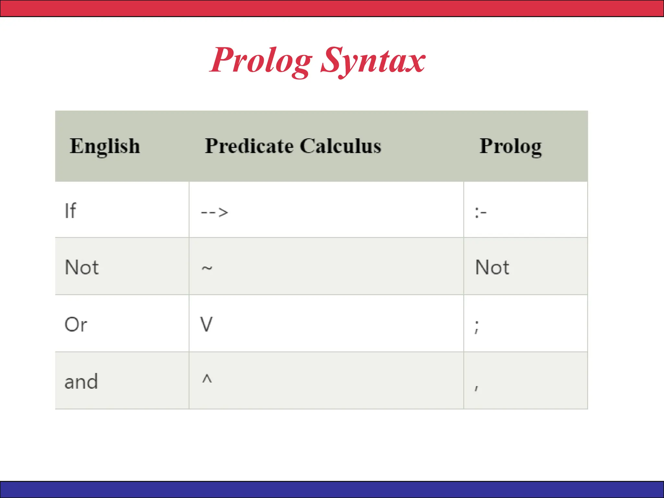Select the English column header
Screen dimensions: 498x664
105,146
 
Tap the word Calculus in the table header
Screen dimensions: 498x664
340,146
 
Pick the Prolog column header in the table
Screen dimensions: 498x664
510,146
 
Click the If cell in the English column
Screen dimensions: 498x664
70,211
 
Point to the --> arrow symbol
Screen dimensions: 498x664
214,213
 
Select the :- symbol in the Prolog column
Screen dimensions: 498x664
480,213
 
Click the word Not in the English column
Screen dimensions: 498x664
82,267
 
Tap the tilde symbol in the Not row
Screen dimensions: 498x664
207,268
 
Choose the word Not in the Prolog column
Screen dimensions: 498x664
492,267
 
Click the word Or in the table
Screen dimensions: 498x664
76,325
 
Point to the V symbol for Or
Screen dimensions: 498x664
207,324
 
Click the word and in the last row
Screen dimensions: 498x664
81,382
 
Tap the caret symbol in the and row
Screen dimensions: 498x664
207,379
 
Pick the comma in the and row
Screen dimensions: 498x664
476,388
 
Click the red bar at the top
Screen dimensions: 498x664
332,8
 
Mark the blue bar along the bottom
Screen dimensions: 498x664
332,490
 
